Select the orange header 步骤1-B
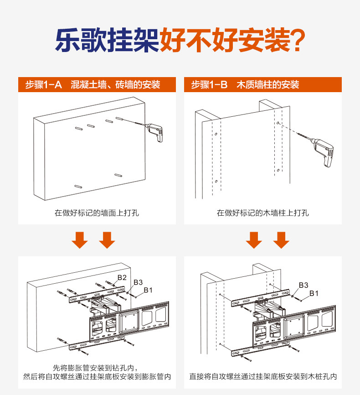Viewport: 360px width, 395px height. tap(209, 85)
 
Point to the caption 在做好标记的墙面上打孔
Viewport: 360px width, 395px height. tap(97, 213)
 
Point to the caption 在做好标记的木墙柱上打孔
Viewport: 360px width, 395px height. tap(263, 213)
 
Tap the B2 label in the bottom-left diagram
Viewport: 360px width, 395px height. tap(122, 277)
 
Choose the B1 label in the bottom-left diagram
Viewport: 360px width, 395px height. tap(148, 290)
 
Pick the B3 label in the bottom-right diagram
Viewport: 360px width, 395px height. tap(303, 285)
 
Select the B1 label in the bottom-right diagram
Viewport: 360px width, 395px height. tap(314, 293)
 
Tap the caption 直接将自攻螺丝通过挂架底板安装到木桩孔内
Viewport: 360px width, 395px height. tap(263, 377)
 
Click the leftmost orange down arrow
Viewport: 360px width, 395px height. tap(80, 239)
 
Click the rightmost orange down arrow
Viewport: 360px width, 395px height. tap(282, 239)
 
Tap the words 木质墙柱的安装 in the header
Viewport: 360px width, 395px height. tap(267, 85)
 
